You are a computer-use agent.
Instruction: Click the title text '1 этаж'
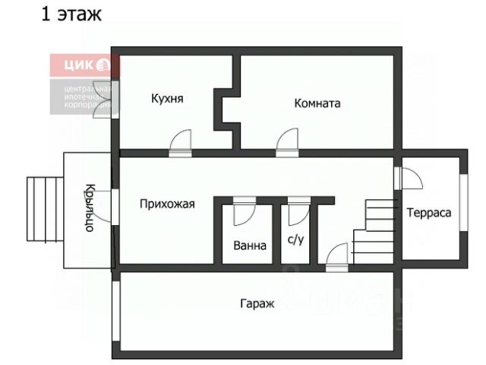(x=71, y=14)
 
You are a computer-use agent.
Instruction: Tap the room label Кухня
(x=167, y=99)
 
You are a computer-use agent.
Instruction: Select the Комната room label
(x=317, y=103)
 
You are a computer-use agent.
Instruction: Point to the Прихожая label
(x=167, y=204)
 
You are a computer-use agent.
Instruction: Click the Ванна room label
(x=249, y=246)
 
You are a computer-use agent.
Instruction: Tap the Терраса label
(x=428, y=212)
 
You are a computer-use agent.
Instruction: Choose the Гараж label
(x=256, y=303)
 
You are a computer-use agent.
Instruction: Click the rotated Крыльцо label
(x=89, y=209)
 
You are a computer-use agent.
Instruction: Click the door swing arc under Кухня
(x=181, y=142)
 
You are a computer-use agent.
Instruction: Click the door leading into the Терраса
(x=410, y=178)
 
